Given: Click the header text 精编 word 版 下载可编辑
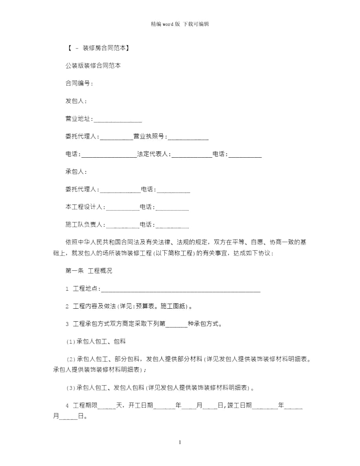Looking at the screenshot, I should (180, 24).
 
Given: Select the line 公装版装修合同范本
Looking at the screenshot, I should (93, 66).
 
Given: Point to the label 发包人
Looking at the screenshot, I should (74, 101).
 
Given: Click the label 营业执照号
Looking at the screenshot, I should (150, 137).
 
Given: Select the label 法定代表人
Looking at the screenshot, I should (153, 154).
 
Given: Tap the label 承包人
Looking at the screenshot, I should (74, 172).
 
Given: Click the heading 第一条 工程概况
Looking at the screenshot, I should (88, 271).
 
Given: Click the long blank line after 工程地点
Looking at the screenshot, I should (180, 289).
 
